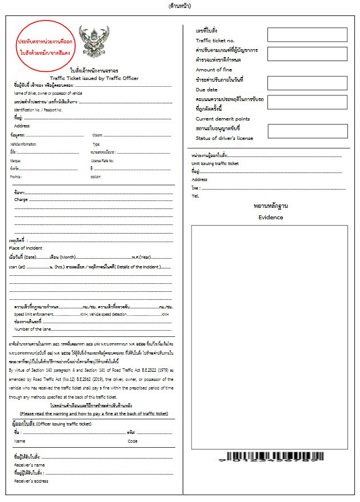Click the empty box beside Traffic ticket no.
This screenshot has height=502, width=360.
[307, 35]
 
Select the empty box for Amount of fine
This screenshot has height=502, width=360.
[307, 55]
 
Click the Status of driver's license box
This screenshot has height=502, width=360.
[307, 131]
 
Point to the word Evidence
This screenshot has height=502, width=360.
[270, 217]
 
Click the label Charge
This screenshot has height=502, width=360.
[21, 200]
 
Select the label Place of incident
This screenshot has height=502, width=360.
[25, 248]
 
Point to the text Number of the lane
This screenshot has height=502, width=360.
[33, 329]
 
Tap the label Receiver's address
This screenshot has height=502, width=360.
[31, 481]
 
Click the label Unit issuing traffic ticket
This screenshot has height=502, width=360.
[215, 163]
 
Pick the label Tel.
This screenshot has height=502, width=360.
[195, 196]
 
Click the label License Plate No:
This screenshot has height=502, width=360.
[103, 160]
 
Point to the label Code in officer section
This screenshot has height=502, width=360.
[133, 441]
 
